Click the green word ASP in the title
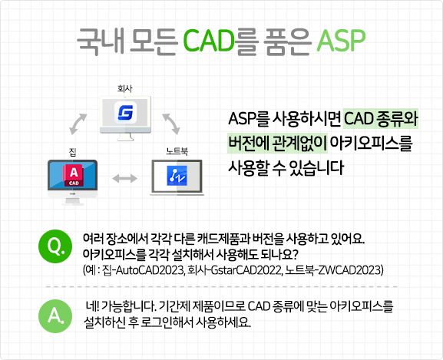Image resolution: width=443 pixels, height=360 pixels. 339,38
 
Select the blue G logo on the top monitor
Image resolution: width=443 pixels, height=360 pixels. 126,114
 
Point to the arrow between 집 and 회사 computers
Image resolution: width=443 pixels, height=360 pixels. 80,123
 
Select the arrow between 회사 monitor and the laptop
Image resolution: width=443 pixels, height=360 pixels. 171,123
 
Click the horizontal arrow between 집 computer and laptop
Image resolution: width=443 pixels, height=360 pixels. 125,178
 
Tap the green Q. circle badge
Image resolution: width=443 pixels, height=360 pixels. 55,246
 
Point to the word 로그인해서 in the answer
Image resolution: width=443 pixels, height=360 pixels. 183,322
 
